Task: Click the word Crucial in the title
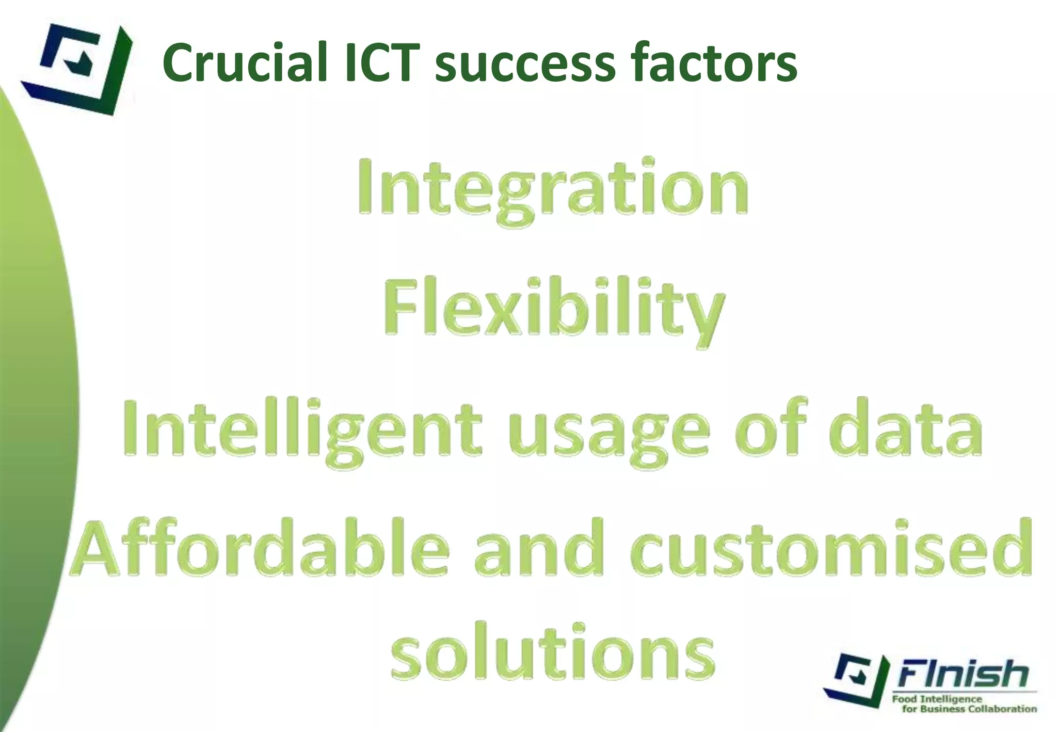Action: point(245,62)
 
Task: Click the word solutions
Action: point(553,653)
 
